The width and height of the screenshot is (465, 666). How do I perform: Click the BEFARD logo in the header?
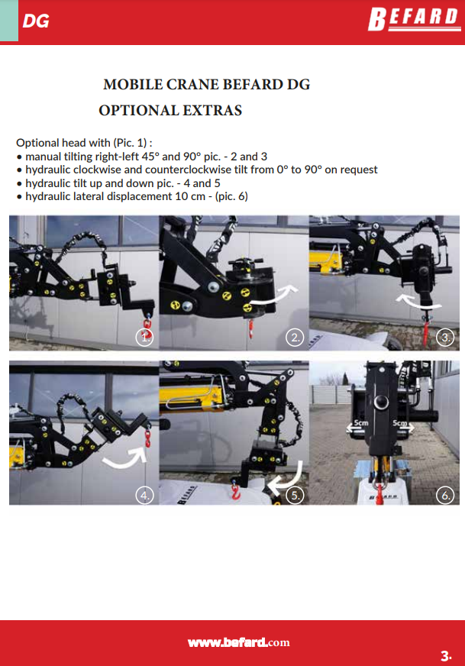pyautogui.click(x=414, y=19)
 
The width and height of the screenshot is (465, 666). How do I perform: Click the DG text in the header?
pyautogui.click(x=36, y=21)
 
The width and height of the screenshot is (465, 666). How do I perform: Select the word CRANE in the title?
pyautogui.click(x=192, y=84)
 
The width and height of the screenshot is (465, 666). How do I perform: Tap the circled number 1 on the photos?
pyautogui.click(x=144, y=338)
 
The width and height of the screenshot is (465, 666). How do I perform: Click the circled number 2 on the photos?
pyautogui.click(x=295, y=338)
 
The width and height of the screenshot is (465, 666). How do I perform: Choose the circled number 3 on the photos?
pyautogui.click(x=445, y=338)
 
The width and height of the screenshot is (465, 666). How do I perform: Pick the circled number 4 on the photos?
pyautogui.click(x=144, y=495)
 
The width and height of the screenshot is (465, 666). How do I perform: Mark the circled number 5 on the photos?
pyautogui.click(x=295, y=495)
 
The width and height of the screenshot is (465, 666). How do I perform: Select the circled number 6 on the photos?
pyautogui.click(x=445, y=495)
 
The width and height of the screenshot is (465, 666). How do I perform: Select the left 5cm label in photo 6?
pyautogui.click(x=361, y=423)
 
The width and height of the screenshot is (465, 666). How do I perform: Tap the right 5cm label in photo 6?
pyautogui.click(x=399, y=423)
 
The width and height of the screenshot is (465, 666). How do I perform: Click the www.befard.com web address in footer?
pyautogui.click(x=239, y=642)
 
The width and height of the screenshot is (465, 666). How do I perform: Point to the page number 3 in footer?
pyautogui.click(x=445, y=656)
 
